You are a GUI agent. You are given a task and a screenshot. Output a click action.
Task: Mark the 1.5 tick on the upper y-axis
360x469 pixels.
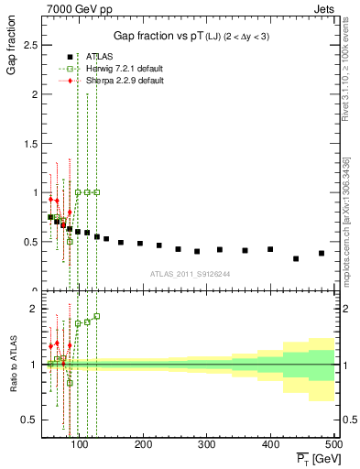pyautogui.click(x=35, y=144)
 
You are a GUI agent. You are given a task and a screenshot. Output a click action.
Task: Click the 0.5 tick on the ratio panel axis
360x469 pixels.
pyautogui.click(x=35, y=420)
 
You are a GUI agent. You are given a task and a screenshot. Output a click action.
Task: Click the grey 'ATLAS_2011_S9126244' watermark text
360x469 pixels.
pyautogui.click(x=190, y=273)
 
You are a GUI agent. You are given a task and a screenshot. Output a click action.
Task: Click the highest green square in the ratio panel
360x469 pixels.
pyautogui.click(x=97, y=316)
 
